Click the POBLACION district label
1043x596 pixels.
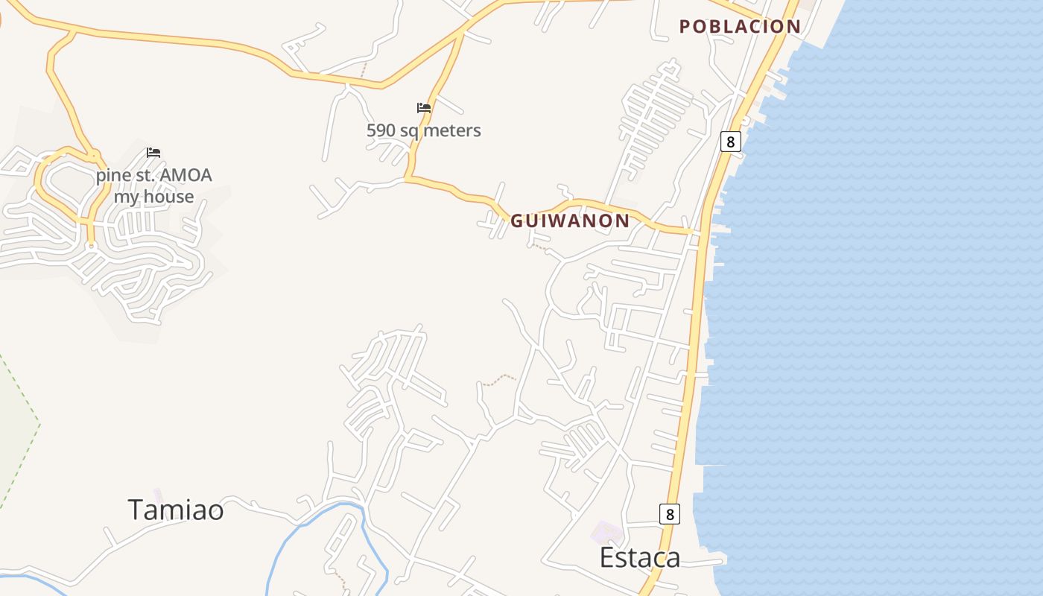tap(740, 27)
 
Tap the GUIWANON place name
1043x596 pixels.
tap(570, 221)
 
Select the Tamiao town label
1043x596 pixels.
tap(176, 510)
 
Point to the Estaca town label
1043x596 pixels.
tap(640, 557)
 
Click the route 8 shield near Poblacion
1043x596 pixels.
tap(730, 142)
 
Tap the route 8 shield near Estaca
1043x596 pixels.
tap(670, 514)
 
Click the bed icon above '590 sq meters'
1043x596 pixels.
tap(424, 108)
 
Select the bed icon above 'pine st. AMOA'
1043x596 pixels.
tap(153, 153)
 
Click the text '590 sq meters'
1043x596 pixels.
tap(423, 130)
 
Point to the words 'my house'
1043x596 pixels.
tap(153, 197)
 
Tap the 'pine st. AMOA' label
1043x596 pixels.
tap(153, 176)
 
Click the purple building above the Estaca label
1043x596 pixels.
tap(608, 532)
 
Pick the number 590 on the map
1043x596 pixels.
tap(380, 130)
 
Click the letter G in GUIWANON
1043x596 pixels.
tap(516, 221)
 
